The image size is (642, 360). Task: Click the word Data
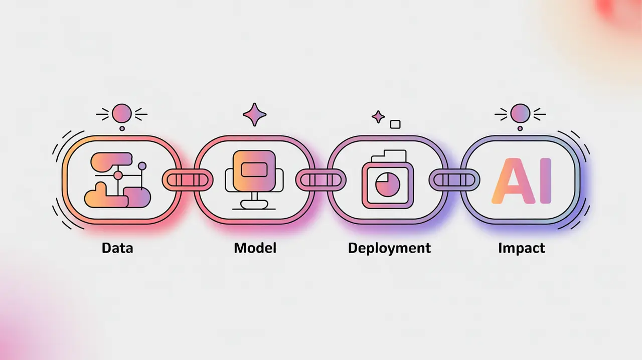point(117,248)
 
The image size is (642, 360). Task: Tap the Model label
point(255,248)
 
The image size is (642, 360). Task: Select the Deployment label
point(389,248)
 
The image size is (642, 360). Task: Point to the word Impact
point(522,248)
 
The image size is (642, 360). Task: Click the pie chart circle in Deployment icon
point(385,184)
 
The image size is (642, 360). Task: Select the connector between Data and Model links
point(187,179)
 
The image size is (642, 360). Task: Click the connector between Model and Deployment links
point(320,179)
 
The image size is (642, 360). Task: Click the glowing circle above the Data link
point(121,113)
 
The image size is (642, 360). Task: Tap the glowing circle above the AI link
point(520,113)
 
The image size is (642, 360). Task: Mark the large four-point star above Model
point(255,115)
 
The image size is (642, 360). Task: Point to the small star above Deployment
point(378,117)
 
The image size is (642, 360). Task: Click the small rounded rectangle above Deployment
point(395,123)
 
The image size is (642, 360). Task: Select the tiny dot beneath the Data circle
point(122,128)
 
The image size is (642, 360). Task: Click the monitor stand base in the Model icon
point(254,205)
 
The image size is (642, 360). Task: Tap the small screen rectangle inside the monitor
point(254,170)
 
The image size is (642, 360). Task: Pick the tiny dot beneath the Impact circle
point(520,128)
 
